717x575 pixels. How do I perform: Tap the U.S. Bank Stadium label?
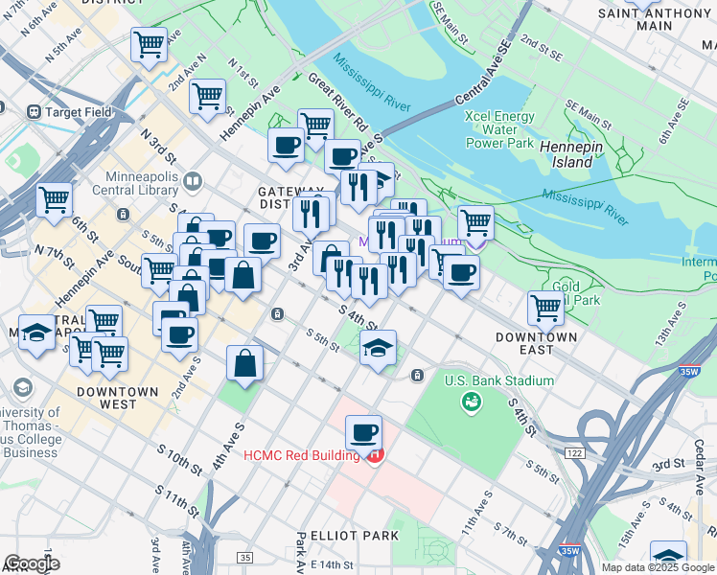pos(498,380)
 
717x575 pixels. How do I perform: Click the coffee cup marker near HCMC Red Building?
pos(363,434)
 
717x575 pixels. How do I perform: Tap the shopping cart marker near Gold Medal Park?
pos(545,309)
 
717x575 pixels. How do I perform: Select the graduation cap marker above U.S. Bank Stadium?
pos(379,349)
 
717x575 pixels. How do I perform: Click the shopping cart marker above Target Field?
pos(150,44)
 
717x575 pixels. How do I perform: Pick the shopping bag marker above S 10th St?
pos(245,364)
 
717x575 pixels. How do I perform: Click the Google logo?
pos(32,563)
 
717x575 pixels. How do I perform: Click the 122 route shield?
pos(574,452)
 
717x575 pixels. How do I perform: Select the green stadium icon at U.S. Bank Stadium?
pos(472,403)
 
